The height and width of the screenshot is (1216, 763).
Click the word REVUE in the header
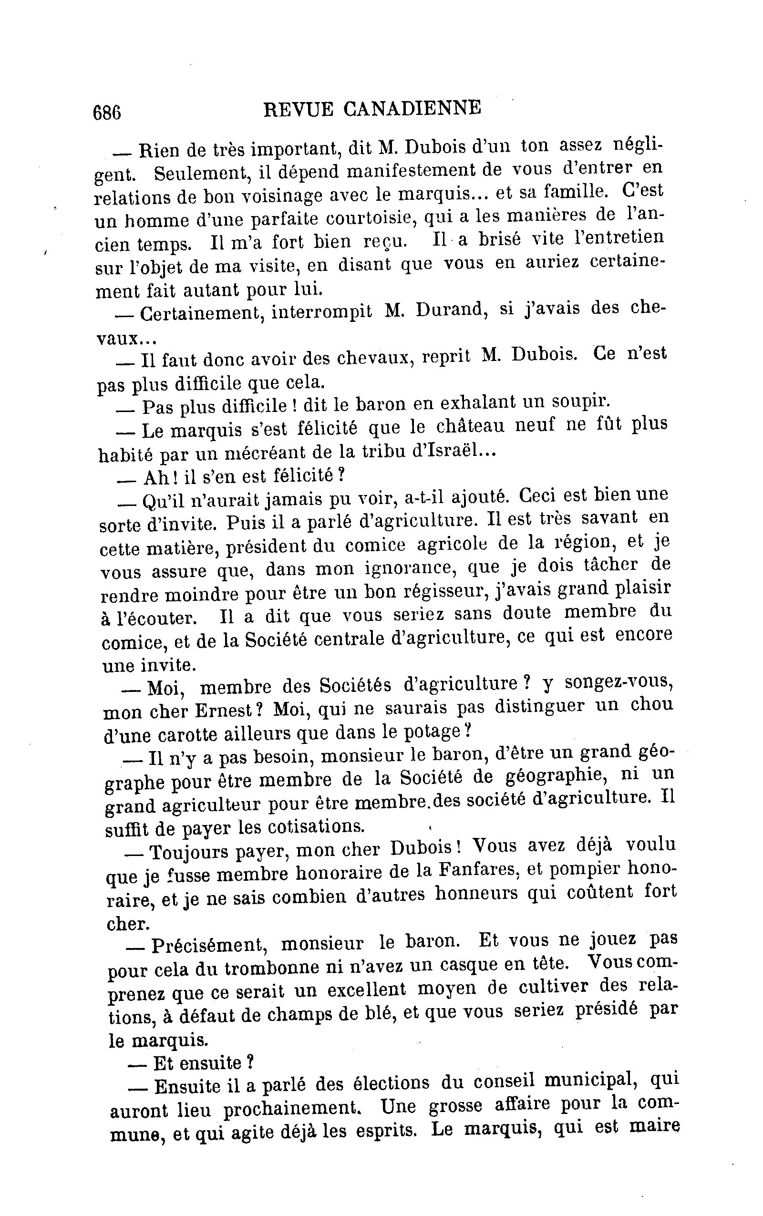[298, 109]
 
